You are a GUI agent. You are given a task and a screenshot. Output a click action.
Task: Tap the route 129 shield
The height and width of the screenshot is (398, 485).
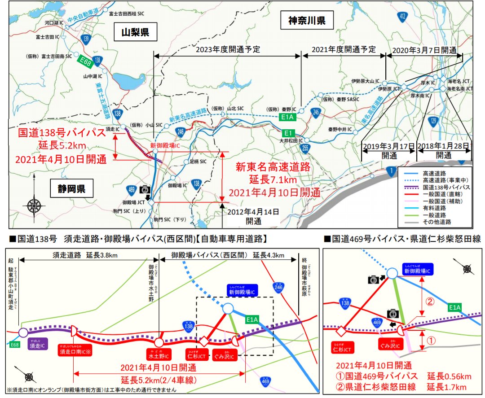(433, 121)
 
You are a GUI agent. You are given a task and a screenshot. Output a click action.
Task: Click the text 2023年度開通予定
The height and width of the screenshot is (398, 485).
(228, 49)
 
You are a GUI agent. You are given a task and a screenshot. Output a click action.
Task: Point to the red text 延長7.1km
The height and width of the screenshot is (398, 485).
(273, 180)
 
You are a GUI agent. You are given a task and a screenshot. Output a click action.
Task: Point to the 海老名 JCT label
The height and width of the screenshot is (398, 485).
(459, 81)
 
